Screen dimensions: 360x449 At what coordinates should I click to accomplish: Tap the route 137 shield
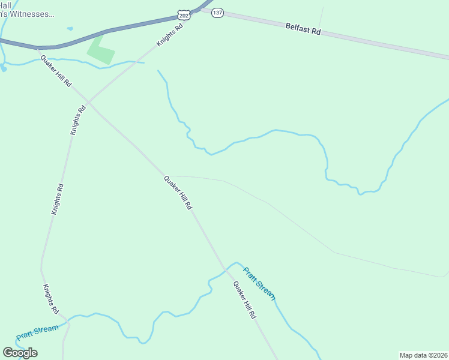tap(217, 13)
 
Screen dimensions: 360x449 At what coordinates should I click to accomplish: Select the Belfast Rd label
tap(303, 28)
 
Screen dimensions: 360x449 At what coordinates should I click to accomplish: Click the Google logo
tap(20, 352)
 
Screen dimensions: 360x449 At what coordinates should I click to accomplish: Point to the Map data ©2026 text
tap(423, 355)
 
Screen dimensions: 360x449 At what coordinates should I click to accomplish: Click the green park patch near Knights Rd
tap(100, 49)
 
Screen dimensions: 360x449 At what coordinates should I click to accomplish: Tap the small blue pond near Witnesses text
tap(70, 28)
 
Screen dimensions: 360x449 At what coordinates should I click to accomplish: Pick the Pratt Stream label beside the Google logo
tap(38, 332)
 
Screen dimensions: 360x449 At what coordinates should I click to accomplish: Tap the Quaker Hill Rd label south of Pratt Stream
tap(245, 299)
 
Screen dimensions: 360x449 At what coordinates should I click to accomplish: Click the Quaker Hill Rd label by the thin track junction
tap(178, 192)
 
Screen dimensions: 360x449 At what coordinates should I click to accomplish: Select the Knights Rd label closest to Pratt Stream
tap(51, 299)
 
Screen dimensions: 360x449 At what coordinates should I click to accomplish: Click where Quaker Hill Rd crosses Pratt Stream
tap(226, 270)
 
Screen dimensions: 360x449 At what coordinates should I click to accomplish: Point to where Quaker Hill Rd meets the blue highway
tap(38, 47)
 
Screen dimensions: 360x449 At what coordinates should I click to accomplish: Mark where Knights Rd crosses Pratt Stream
tap(67, 322)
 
